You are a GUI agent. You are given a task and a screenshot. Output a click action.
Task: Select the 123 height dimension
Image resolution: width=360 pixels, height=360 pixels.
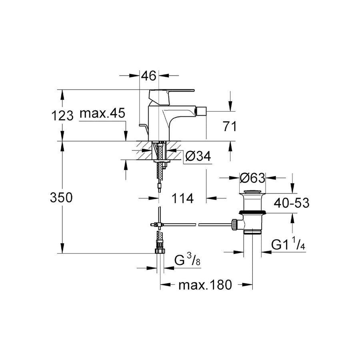pos(63,116)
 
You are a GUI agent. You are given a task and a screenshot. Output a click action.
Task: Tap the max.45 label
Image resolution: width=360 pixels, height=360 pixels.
pos(102,114)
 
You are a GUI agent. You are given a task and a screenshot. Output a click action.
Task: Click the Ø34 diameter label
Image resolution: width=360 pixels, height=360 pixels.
pos(198,156)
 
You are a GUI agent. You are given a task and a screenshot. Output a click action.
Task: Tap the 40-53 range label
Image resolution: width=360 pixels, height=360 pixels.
pos(292,203)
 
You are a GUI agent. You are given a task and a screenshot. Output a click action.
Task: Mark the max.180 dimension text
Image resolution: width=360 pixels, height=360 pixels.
pos(205,285)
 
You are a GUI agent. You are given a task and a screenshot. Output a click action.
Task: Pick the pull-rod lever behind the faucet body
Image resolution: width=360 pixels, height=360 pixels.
pos(144,128)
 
